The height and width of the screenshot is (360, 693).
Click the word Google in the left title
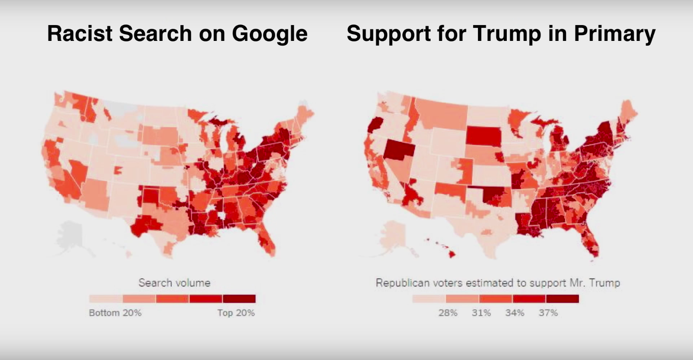tap(269, 34)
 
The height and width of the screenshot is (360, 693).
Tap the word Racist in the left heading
tap(79, 34)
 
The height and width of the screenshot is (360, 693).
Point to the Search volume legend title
tap(174, 283)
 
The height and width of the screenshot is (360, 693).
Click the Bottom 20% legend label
tap(115, 313)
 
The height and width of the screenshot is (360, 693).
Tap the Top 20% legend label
tap(236, 313)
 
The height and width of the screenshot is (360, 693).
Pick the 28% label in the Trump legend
tap(448, 313)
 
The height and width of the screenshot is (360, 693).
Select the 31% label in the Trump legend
tap(481, 313)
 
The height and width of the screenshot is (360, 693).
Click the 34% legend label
tap(514, 313)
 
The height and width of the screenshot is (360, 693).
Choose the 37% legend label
tap(548, 313)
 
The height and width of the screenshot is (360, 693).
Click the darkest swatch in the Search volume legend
tap(239, 298)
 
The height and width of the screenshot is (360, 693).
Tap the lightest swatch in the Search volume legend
tap(105, 298)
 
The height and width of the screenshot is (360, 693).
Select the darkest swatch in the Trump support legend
tap(562, 298)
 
